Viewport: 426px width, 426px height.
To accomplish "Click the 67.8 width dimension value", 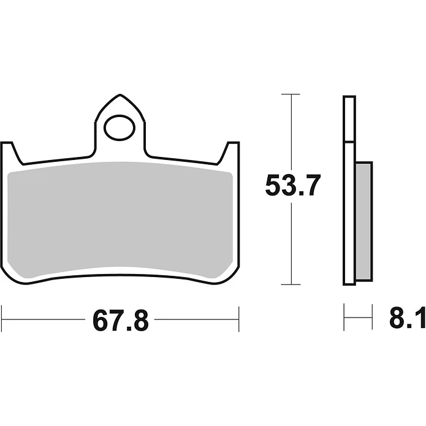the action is (121, 321).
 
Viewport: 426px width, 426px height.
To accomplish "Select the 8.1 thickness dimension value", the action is (408, 318).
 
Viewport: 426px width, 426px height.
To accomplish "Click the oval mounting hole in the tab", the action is (120, 127).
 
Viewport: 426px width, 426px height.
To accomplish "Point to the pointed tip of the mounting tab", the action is (120, 95).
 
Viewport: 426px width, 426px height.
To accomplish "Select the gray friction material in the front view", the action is (120, 220).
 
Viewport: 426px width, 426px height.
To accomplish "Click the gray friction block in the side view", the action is (363, 221).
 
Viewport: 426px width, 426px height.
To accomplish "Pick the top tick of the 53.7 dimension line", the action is (291, 94).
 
